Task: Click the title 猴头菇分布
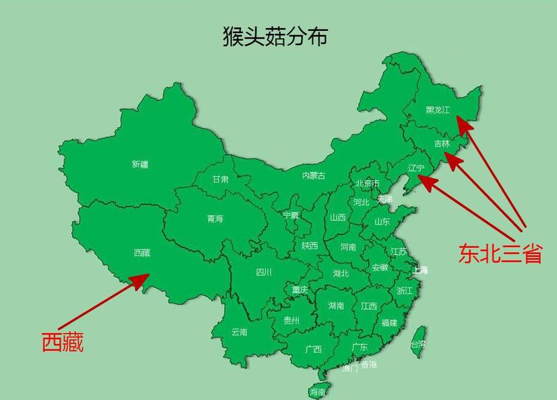coord(274,37)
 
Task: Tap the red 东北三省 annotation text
coord(500,254)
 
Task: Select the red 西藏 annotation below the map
coord(63,342)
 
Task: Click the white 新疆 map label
coord(140,165)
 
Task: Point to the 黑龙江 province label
coord(438,111)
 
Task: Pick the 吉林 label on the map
coord(441,143)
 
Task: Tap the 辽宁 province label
coord(416,168)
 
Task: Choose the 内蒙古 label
coord(314,175)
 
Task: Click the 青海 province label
coord(215,219)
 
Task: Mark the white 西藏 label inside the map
coord(142,252)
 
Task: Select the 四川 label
coord(264,272)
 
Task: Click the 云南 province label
coord(240,332)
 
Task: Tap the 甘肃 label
coord(221,180)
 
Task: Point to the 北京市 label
coord(367,184)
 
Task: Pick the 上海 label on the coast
coord(420,270)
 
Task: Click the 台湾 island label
coord(417,344)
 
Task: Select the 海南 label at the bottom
coord(317,392)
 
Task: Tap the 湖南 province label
coord(336,306)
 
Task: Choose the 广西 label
coord(314,349)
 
